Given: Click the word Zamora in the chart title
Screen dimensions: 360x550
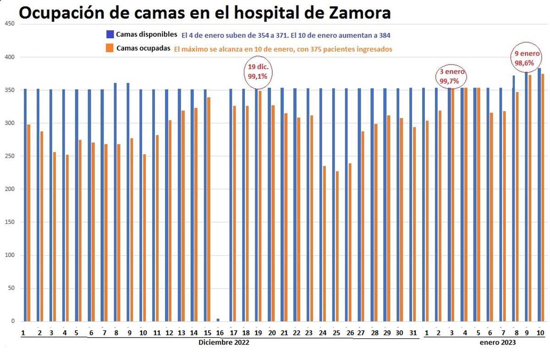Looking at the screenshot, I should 353,13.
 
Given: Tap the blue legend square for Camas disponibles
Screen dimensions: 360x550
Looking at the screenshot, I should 110,34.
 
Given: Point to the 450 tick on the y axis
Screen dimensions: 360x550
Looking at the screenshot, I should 10,24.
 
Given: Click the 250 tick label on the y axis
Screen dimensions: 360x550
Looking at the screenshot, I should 10,156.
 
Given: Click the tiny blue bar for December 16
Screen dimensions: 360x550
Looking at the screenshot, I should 218,320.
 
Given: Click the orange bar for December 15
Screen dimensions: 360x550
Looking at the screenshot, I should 209,209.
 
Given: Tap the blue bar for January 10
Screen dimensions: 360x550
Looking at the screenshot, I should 539,195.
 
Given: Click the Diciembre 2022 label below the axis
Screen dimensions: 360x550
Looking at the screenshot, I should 224,342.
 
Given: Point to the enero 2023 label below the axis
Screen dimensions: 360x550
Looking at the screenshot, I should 498,342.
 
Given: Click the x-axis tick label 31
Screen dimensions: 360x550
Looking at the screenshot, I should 412,332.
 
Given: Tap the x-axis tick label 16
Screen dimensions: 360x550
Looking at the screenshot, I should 220,332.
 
